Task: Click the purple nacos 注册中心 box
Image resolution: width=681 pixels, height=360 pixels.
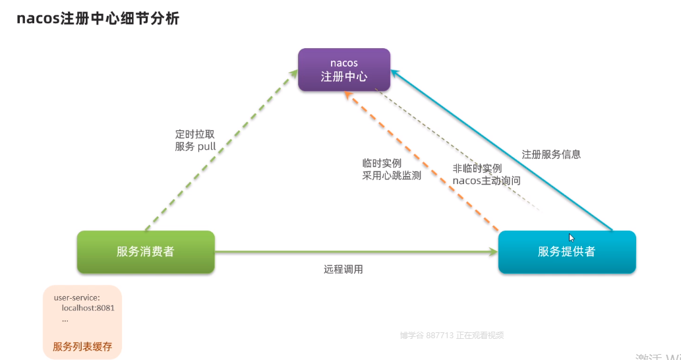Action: (x=343, y=69)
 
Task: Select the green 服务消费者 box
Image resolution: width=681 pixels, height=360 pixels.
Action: (x=146, y=251)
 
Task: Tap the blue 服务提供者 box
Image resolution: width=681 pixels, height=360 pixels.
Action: (x=566, y=251)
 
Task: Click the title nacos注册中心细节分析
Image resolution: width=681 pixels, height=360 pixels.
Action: (x=98, y=18)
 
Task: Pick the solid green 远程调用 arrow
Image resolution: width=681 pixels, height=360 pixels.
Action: (x=356, y=251)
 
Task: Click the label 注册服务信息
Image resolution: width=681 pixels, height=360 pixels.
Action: (x=551, y=154)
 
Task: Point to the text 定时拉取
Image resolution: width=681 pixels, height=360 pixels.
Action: (x=195, y=134)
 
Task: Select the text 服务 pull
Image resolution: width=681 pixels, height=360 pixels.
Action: (x=195, y=146)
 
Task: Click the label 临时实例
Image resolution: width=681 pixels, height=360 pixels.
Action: (x=382, y=163)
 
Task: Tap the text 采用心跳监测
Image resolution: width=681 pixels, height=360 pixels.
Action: (x=392, y=175)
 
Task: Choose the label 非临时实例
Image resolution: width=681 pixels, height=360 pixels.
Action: (x=477, y=168)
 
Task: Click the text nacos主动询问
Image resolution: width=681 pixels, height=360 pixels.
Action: (x=487, y=181)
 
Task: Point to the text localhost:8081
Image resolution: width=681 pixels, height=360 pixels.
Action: (x=84, y=308)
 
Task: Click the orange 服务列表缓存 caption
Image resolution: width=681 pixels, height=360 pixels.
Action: (x=82, y=345)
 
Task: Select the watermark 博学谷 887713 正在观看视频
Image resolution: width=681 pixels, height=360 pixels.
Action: (x=452, y=335)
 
